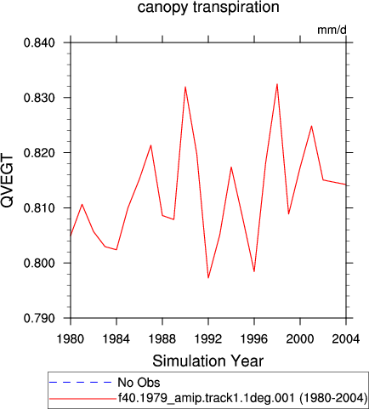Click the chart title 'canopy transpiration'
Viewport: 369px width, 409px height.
(208, 7)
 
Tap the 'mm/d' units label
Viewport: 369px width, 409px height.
(332, 30)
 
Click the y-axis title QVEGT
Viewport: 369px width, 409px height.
(7, 180)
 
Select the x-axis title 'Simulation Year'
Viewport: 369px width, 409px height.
(208, 361)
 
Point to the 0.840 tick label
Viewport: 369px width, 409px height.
(39, 43)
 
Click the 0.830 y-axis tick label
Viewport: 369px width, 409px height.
(39, 98)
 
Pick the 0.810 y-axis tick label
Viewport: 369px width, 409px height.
(39, 208)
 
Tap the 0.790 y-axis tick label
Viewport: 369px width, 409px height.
(39, 318)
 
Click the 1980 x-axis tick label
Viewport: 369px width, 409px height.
(71, 338)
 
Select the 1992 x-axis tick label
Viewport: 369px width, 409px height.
(208, 338)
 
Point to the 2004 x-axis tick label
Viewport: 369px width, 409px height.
(346, 338)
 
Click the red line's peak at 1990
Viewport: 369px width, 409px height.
(185, 87)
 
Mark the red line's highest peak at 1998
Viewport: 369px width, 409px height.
(277, 84)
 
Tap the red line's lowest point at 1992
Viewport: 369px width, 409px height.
(208, 278)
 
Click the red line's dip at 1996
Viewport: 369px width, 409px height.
(254, 271)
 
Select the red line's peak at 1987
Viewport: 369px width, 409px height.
(151, 145)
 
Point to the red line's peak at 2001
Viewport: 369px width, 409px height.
(312, 126)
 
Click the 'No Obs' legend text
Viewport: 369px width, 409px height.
(139, 383)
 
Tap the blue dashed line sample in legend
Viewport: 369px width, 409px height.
(81, 383)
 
